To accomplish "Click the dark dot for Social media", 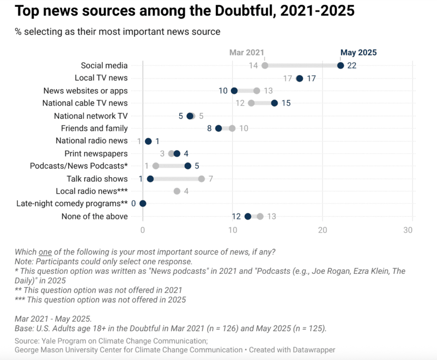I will (340, 66).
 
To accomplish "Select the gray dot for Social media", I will (264, 66).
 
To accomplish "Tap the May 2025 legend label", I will (358, 53).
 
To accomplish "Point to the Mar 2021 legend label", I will (246, 53).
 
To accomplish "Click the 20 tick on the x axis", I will (322, 230).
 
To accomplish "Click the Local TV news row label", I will (101, 78).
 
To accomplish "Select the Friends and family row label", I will (94, 128).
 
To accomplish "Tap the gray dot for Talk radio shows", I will (201, 179).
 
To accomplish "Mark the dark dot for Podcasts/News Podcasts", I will (188, 166).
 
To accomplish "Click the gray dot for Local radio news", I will (177, 191).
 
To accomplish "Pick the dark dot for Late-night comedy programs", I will (143, 204).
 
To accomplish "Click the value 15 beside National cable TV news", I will (286, 103).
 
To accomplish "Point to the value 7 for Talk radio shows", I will (211, 179).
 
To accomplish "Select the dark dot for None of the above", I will (248, 216).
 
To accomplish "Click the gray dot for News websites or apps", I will (257, 90).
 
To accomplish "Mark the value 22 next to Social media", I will (352, 66).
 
